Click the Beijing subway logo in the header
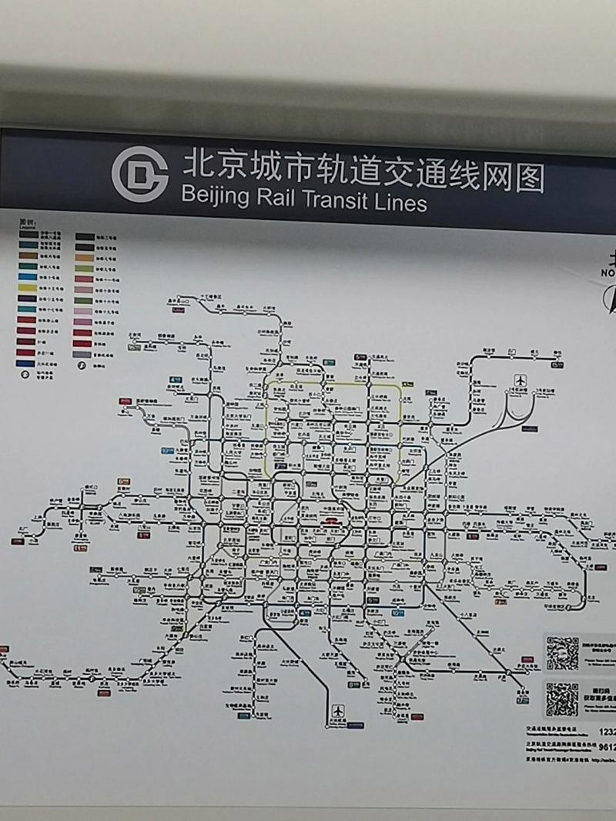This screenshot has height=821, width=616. [139, 175]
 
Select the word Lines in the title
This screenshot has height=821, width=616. [399, 202]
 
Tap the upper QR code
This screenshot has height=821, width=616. [562, 652]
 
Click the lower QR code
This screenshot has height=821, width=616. [562, 699]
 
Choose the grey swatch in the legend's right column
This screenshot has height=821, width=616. [84, 354]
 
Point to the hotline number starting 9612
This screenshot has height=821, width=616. [606, 746]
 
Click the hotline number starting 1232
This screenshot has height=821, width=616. [606, 732]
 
